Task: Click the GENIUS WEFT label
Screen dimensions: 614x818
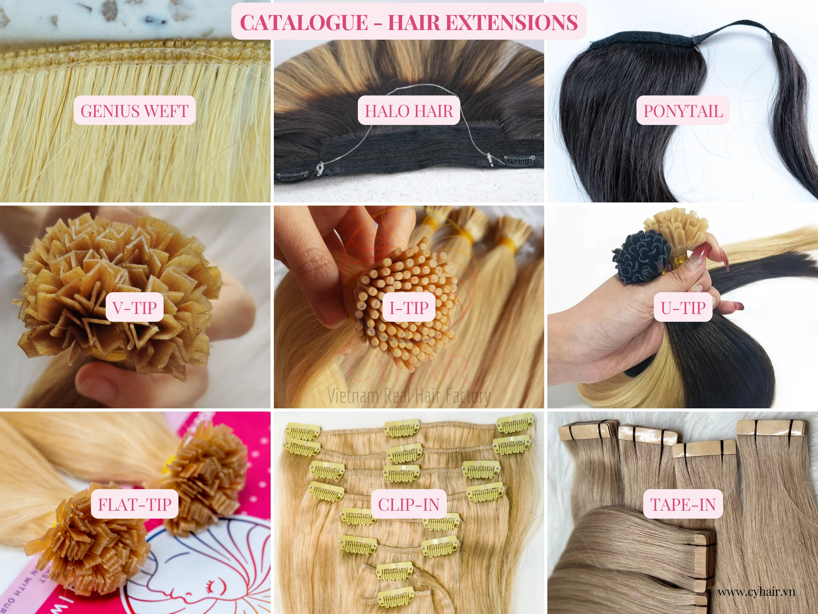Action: pos(134,111)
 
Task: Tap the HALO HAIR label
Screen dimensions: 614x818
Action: pos(409,111)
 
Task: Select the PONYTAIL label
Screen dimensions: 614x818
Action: pos(683,111)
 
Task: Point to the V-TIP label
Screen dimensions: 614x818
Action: pos(135,308)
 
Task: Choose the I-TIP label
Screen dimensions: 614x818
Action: pos(409,308)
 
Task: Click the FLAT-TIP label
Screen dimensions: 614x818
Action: pos(135,504)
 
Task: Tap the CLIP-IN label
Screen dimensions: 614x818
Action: pos(409,504)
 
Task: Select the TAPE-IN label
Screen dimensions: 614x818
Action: pos(683,504)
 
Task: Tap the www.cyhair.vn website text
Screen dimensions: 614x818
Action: pos(756,592)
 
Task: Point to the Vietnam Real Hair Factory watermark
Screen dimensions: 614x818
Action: pos(409,395)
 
